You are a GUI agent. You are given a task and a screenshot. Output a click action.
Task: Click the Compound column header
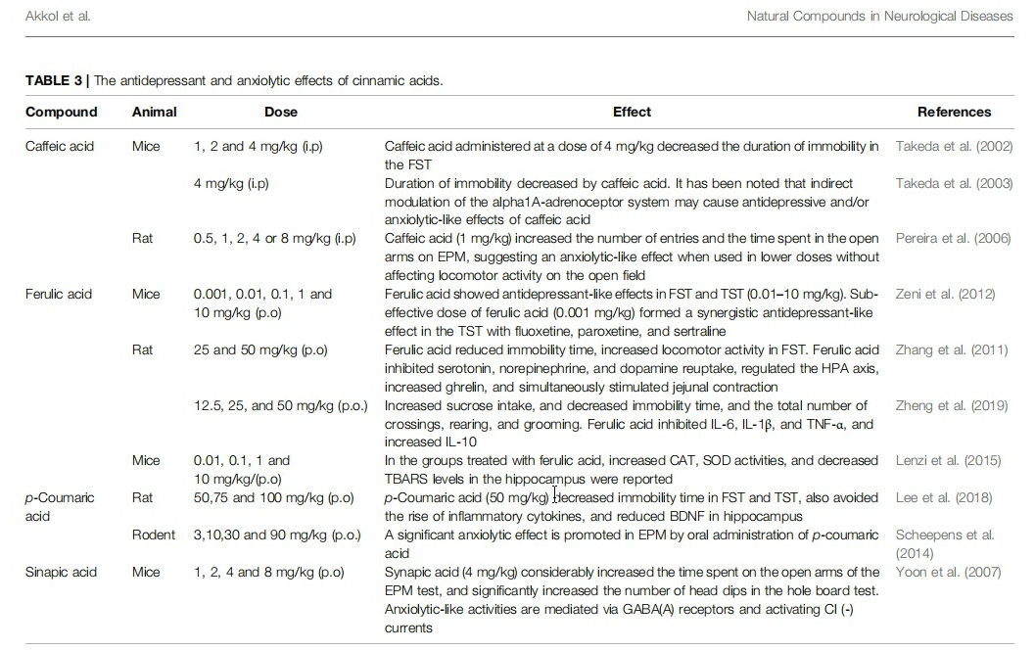coord(61,112)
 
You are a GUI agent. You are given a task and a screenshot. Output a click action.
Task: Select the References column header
coord(954,112)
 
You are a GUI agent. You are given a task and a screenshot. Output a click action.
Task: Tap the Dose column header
coord(281,112)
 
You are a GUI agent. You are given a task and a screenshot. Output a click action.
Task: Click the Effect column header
coord(632,112)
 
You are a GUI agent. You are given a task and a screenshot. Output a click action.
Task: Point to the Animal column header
coord(155,112)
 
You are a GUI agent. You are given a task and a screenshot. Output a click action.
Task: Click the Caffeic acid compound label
coord(60,147)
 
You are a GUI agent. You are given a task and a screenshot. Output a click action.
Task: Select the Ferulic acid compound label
coord(59,294)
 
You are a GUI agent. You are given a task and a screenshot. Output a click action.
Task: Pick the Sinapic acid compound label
coord(61,572)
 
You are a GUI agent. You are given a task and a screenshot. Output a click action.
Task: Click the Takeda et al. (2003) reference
coord(954,183)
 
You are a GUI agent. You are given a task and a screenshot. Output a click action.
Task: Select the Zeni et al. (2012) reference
coord(945,294)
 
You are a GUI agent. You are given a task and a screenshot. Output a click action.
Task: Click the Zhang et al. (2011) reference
coord(950,349)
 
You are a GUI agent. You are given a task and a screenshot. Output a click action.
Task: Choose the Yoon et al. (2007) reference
coord(948,572)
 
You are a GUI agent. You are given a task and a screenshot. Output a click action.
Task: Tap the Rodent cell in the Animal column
coord(154,535)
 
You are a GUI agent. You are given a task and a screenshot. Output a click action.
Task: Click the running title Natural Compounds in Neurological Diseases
coord(879,16)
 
